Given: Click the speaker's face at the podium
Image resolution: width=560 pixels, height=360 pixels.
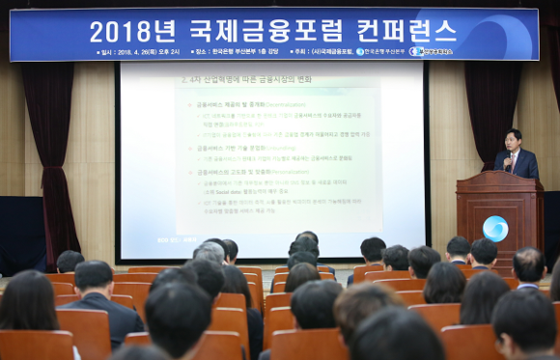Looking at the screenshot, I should pyautogui.click(x=512, y=141).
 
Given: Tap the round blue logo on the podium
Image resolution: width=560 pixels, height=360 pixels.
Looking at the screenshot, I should pyautogui.click(x=495, y=229).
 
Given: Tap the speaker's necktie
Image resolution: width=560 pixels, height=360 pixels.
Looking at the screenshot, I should pyautogui.click(x=514, y=158).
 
